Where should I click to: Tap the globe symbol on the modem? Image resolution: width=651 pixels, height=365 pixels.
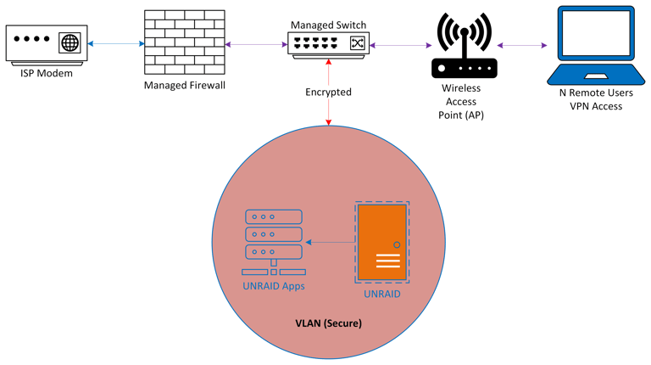coord(70,42)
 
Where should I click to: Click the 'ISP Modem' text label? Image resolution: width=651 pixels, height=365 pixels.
coord(47,74)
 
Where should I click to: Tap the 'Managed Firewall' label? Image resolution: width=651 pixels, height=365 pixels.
coord(183,86)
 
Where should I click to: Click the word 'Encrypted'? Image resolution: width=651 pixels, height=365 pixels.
coord(328,92)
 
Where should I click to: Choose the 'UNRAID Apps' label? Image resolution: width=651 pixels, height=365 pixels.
coord(274,286)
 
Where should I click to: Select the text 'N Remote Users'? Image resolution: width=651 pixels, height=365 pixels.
coord(594,94)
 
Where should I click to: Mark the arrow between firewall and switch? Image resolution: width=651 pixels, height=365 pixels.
coord(255,44)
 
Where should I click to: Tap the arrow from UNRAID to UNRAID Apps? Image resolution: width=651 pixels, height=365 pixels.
coord(331,243)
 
